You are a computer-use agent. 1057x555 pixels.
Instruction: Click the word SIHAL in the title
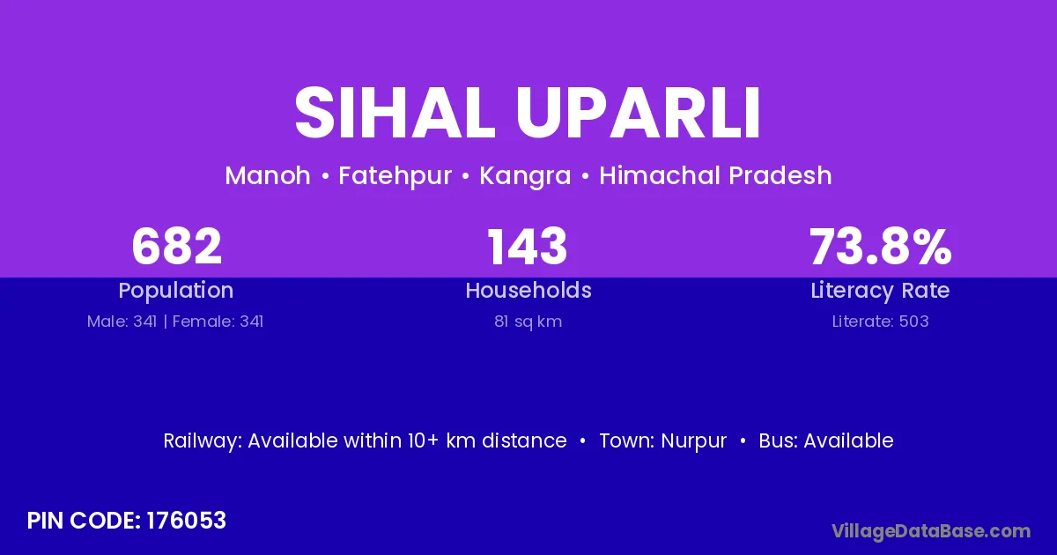(x=395, y=113)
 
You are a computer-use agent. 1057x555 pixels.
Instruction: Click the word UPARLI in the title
(x=638, y=113)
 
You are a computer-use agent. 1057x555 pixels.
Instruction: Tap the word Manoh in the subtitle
(x=268, y=175)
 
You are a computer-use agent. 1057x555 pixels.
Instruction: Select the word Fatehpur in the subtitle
(x=395, y=176)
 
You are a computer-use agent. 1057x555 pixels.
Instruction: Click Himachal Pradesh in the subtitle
(x=715, y=175)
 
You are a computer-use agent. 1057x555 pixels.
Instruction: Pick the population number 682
(x=176, y=247)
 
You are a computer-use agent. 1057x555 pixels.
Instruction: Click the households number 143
(x=528, y=247)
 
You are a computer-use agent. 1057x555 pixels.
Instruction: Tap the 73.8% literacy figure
(x=881, y=247)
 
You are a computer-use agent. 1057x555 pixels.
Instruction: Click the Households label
(x=528, y=290)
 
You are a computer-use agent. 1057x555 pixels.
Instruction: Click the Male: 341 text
(x=122, y=322)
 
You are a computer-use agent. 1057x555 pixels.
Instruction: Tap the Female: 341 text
(x=218, y=322)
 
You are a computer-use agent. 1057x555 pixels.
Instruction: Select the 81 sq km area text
(x=528, y=322)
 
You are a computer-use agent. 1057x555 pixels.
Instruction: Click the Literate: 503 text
(x=880, y=322)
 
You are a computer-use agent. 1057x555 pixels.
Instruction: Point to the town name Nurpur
(x=694, y=441)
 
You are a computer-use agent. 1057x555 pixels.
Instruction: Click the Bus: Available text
(x=826, y=440)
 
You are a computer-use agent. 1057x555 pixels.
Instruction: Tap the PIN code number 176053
(x=187, y=521)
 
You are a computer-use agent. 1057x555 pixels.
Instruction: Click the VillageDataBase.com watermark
(x=931, y=532)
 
